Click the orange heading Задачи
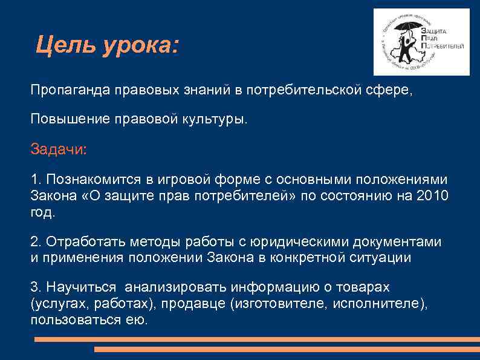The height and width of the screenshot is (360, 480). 59,149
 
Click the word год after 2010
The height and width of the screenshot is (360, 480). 42,212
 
